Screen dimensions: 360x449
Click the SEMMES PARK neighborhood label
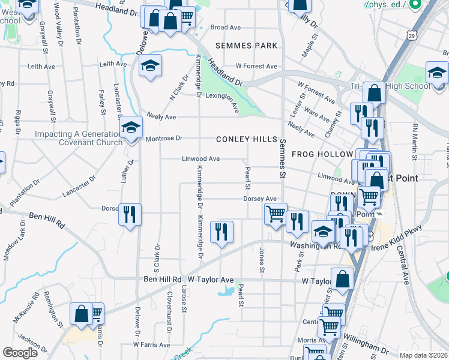[248, 46]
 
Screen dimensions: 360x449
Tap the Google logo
[20, 353]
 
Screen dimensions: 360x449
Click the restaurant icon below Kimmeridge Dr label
[221, 232]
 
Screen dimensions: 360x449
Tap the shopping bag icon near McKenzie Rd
[81, 314]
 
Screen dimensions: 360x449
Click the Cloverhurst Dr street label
[169, 312]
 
